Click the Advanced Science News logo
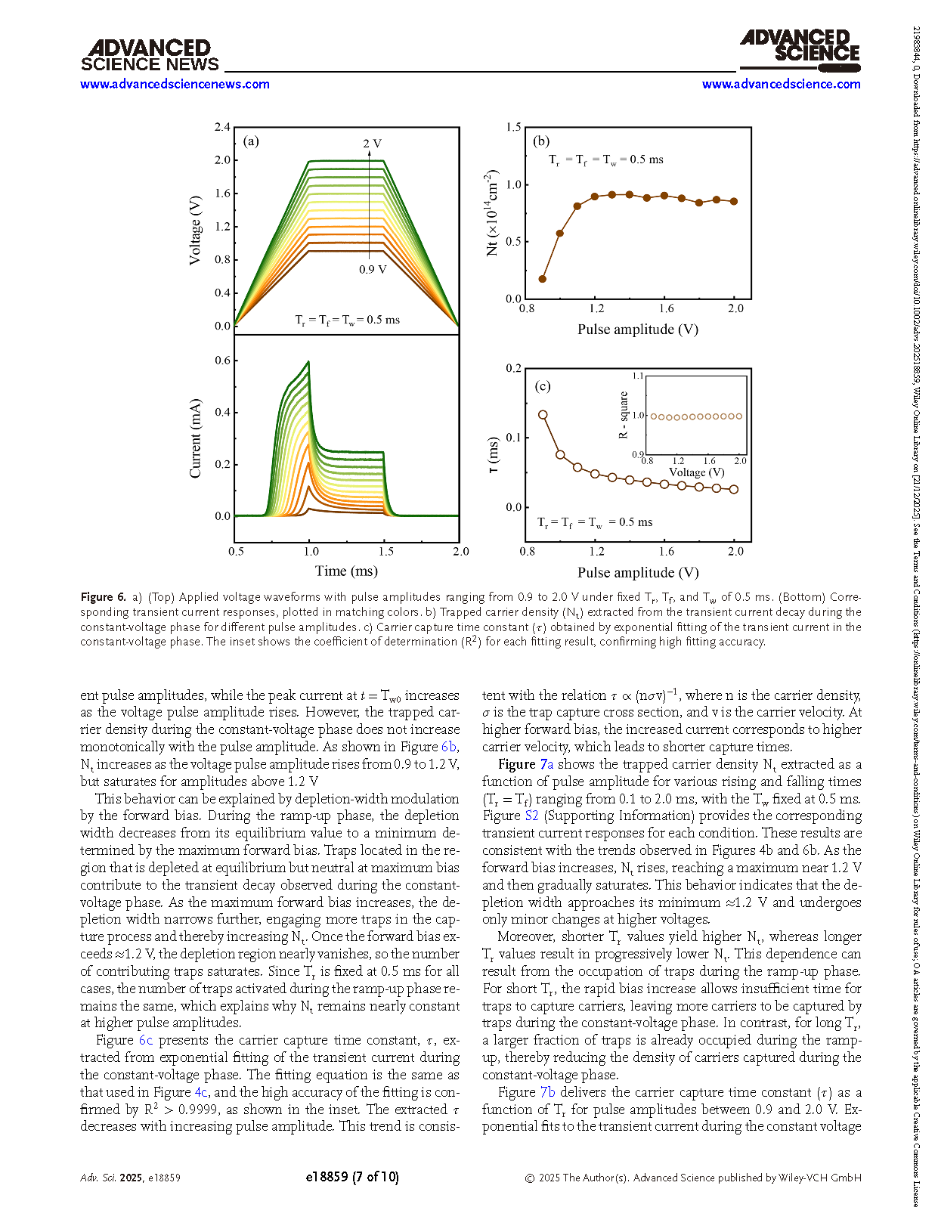click(x=150, y=56)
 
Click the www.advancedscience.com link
click(x=781, y=84)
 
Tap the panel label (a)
click(x=251, y=141)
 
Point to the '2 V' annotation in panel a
click(x=372, y=144)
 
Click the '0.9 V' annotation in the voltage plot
click(x=373, y=270)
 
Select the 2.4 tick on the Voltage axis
click(x=221, y=127)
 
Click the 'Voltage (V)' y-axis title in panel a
click(x=195, y=231)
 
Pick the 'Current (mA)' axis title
click(x=195, y=438)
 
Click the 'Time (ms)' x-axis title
click(x=346, y=571)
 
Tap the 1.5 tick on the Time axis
click(x=385, y=552)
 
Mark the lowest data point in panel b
click(x=542, y=279)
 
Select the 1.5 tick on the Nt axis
click(x=513, y=127)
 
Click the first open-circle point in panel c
click(x=543, y=414)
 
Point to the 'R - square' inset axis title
click(x=624, y=415)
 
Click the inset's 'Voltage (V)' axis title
click(x=696, y=472)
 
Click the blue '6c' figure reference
click(x=145, y=1040)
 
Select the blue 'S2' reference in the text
click(x=531, y=816)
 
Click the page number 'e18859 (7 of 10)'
click(x=352, y=1177)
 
